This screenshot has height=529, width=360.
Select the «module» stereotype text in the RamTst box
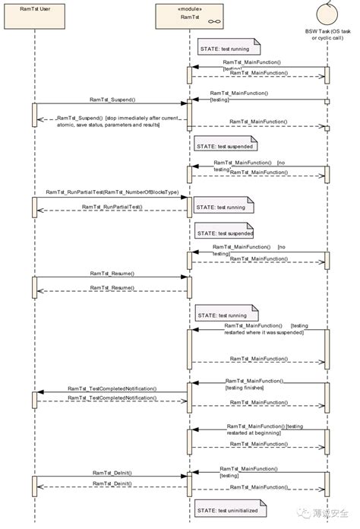tap(190, 8)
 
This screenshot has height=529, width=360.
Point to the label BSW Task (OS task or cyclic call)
tap(328, 36)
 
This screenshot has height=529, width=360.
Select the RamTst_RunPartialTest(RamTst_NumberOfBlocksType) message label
tap(112, 193)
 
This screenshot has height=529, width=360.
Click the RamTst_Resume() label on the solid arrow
tap(112, 273)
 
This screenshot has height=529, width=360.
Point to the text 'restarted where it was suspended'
tap(264, 332)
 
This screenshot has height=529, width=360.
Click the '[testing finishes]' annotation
tap(245, 388)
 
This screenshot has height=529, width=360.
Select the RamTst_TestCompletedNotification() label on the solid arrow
tap(112, 388)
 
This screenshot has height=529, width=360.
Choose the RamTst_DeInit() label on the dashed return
tap(112, 483)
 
